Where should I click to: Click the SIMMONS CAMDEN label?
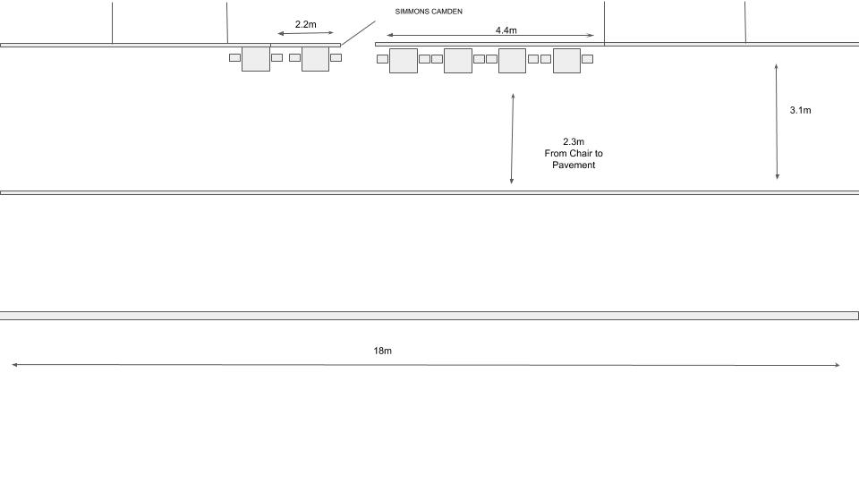click(429, 12)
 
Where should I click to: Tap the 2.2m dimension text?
click(306, 25)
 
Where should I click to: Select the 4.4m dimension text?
click(506, 30)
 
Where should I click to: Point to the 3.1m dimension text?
click(800, 110)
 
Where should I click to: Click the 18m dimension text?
click(382, 351)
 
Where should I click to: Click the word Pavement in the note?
click(574, 165)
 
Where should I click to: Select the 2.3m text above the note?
click(574, 142)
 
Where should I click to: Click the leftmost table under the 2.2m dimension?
click(256, 59)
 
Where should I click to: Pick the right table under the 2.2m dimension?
click(316, 59)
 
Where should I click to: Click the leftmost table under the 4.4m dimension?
click(404, 61)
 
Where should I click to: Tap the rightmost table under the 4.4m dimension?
click(566, 61)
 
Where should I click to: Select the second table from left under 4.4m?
click(458, 61)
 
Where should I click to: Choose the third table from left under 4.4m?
click(512, 61)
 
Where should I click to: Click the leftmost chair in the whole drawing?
click(235, 57)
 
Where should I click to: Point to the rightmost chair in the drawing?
click(587, 59)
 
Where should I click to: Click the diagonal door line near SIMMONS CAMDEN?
click(358, 33)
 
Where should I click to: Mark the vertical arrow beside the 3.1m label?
click(777, 122)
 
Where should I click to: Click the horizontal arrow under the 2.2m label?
click(306, 33)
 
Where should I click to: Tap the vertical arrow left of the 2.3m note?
click(512, 139)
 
